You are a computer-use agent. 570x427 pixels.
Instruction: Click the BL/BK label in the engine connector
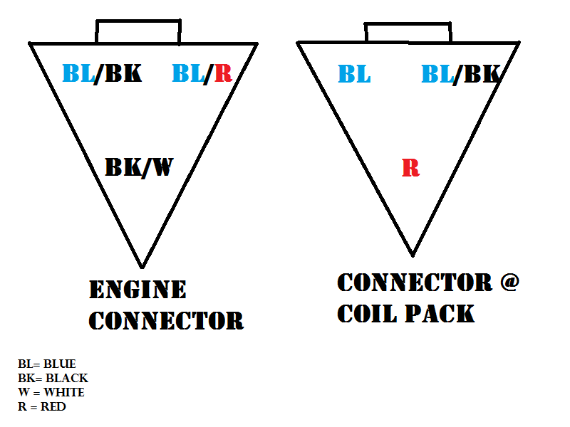[102, 73]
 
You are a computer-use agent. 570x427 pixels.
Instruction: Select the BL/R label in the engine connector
[202, 73]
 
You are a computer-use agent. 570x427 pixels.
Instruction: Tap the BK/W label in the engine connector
[139, 167]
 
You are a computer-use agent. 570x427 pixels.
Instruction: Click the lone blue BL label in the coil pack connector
[354, 74]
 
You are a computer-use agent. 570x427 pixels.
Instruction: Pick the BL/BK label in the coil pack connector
[460, 74]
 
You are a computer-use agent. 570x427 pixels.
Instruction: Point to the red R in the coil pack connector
[410, 169]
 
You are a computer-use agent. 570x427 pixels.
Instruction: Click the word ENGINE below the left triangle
[138, 290]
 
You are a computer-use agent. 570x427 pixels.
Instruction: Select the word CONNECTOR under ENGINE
[166, 320]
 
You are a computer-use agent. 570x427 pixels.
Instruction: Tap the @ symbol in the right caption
[509, 283]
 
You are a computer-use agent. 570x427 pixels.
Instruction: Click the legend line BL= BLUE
[47, 364]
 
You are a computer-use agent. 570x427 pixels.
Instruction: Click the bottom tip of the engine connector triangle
[142, 265]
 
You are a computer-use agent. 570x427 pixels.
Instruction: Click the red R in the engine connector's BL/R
[223, 73]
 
